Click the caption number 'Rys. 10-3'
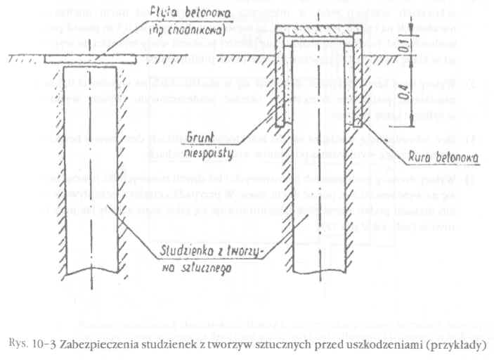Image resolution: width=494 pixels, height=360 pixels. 32,344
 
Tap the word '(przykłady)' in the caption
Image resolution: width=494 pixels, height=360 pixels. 453,345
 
